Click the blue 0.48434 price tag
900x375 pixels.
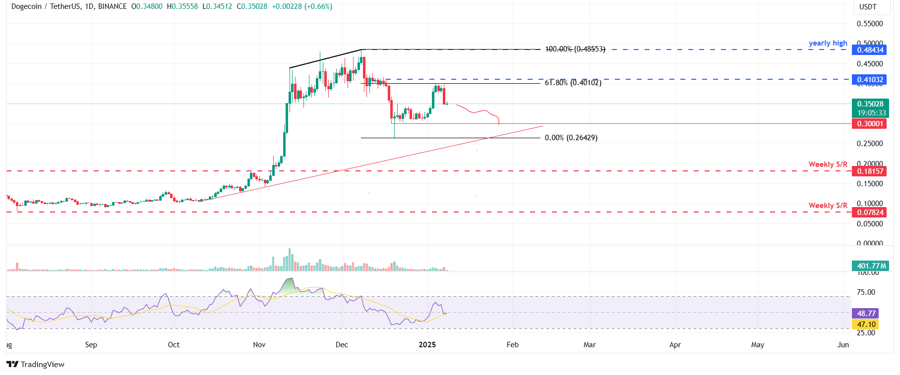870,50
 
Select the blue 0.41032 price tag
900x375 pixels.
870,80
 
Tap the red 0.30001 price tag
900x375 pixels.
870,124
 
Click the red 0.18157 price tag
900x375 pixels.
870,171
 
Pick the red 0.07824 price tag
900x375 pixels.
870,213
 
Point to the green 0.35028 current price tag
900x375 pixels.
870,104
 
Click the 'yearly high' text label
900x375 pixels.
828,43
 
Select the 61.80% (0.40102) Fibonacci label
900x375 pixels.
573,83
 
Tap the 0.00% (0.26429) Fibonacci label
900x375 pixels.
571,138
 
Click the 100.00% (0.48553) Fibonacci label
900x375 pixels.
575,49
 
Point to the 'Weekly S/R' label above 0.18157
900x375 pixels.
828,164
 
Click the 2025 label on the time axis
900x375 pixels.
427,345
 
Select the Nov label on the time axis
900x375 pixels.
259,345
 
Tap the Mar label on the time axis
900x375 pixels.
589,345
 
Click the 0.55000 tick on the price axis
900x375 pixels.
870,24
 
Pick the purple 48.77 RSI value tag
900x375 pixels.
865,314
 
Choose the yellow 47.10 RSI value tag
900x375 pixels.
865,324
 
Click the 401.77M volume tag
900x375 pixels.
870,266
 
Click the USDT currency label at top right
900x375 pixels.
868,7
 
